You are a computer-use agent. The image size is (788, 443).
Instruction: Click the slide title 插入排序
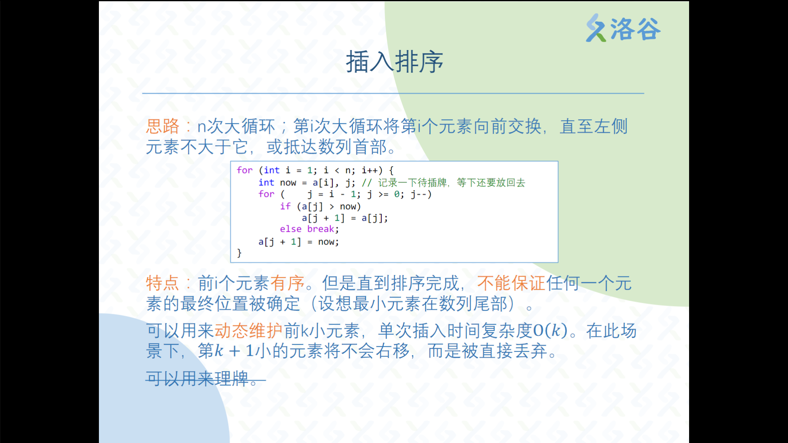(394, 62)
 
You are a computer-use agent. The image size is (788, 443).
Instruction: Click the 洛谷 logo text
(635, 29)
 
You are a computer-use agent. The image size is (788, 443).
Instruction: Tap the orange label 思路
(163, 126)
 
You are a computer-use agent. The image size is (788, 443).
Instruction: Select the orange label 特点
(163, 283)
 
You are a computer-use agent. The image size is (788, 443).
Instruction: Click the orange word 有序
(287, 283)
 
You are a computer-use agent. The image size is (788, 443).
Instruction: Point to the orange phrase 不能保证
(511, 283)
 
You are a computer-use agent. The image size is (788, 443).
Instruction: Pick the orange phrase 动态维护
(248, 330)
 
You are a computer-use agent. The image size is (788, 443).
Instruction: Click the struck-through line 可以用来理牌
(206, 379)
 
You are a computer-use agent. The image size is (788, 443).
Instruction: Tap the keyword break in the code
(321, 229)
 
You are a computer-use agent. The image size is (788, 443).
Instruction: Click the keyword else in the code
(291, 229)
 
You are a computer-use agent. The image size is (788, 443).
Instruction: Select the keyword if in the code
(285, 206)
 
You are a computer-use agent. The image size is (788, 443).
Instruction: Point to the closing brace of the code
(239, 253)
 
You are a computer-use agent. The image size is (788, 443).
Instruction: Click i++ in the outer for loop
(369, 170)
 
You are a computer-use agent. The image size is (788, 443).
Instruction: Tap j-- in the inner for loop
(419, 194)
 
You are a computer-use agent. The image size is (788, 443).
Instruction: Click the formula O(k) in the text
(550, 330)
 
